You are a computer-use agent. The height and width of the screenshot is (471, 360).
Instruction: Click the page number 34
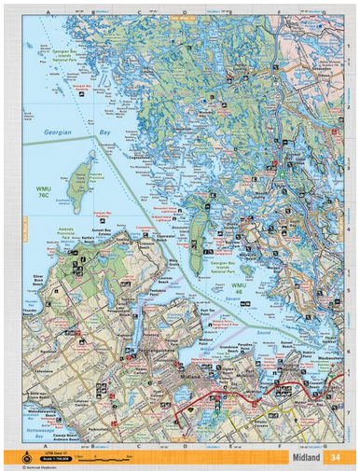tap(337, 456)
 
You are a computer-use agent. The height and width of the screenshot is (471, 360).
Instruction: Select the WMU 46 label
tap(239, 288)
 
